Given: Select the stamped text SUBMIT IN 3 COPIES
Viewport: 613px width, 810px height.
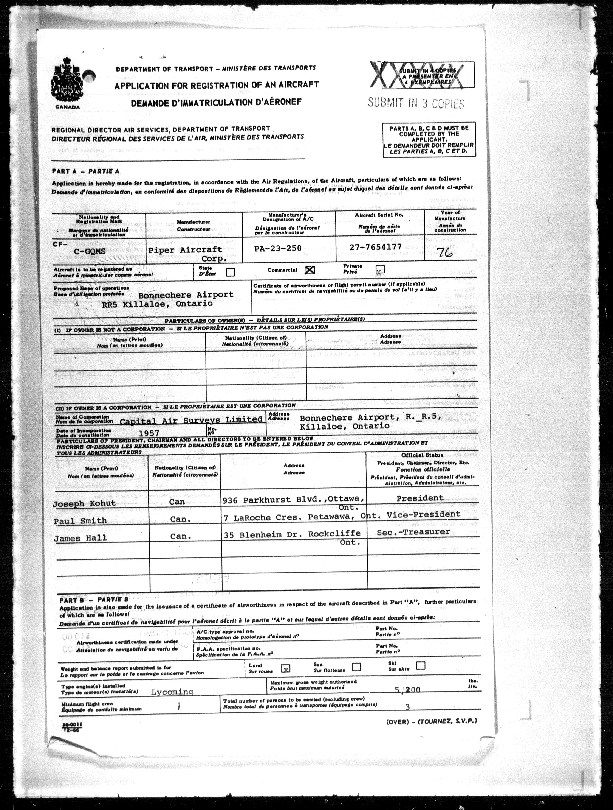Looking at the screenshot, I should pos(416,103).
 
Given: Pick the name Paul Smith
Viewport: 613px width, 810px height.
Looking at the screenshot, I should pos(80,520).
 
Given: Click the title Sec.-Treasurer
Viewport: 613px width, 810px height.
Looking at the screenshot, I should pos(413,532).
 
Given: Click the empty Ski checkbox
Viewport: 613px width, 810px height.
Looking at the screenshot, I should pos(421,665).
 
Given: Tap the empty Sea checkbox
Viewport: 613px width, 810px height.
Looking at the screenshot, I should pos(356,667).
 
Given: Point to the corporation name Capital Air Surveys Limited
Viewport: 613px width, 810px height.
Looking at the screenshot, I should pos(191,420).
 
